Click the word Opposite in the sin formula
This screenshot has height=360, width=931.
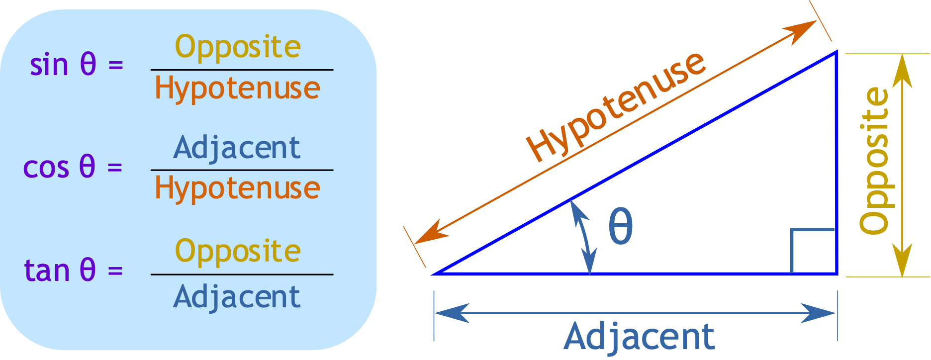pyautogui.click(x=238, y=48)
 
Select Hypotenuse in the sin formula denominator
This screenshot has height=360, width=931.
pyautogui.click(x=237, y=89)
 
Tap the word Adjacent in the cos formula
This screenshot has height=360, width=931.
pyautogui.click(x=237, y=148)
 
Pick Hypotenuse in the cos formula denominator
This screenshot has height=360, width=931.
pyautogui.click(x=237, y=189)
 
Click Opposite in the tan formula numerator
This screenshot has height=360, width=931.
pyautogui.click(x=238, y=252)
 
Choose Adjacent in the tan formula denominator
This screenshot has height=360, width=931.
pyautogui.click(x=237, y=297)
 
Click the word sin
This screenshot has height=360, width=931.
pyautogui.click(x=49, y=65)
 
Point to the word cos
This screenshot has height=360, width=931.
pyautogui.click(x=46, y=167)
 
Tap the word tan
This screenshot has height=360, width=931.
pyautogui.click(x=47, y=270)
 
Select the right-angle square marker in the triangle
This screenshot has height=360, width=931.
pyautogui.click(x=813, y=251)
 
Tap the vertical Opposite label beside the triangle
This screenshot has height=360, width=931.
pyautogui.click(x=874, y=161)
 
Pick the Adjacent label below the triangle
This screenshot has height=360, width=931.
pyautogui.click(x=639, y=337)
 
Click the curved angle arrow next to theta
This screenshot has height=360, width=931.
pyautogui.click(x=583, y=237)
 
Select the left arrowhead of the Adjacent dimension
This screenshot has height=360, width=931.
pyautogui.click(x=450, y=313)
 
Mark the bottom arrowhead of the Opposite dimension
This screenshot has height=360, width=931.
pyautogui.click(x=902, y=261)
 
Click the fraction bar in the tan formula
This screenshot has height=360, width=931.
pyautogui.click(x=242, y=274)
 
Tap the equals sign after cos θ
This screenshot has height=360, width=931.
pyautogui.click(x=115, y=167)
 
